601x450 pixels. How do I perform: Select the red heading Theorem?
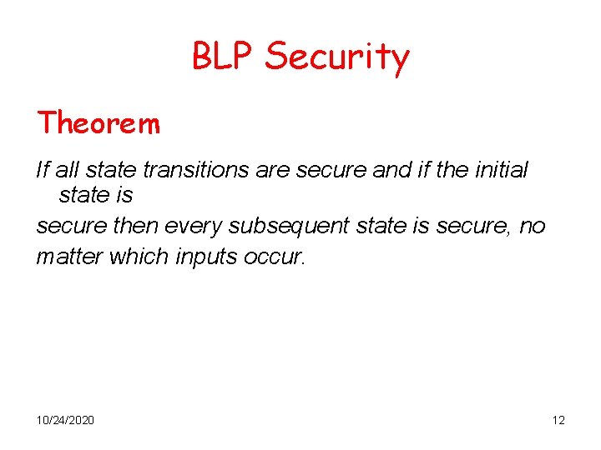98,123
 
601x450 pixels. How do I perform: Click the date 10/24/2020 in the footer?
65,420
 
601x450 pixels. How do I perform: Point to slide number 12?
558,420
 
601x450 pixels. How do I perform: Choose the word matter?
64,257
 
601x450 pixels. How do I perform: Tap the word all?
67,170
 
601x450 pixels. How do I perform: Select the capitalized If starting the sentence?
43,170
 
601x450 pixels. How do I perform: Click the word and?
391,170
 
